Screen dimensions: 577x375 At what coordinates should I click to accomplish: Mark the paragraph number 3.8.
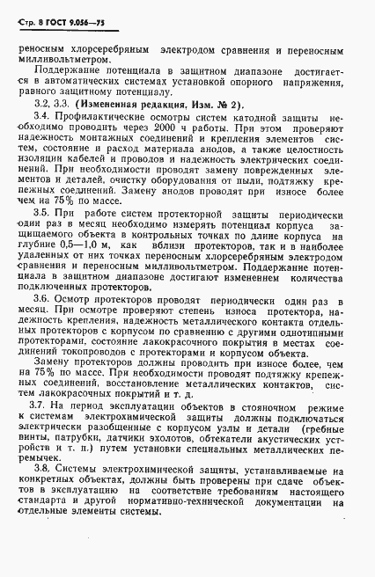(62, 525)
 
